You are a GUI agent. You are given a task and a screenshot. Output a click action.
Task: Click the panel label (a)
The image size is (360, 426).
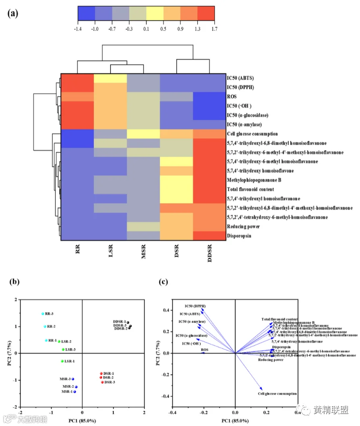(x=12, y=13)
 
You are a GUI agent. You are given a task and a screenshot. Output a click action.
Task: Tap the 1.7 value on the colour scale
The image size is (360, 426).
(x=214, y=29)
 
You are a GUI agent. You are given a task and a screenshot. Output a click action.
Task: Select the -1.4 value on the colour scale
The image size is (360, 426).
(x=77, y=29)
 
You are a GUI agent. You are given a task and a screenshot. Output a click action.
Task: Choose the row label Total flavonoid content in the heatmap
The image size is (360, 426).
(x=250, y=189)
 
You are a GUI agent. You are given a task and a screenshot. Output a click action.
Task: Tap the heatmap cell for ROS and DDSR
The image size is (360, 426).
(x=209, y=97)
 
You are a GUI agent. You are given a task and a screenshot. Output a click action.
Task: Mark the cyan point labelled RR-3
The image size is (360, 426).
(x=43, y=314)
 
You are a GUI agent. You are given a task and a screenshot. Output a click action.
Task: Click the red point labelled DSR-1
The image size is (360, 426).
(x=101, y=373)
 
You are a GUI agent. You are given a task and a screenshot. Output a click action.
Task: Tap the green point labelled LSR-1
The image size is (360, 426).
(x=62, y=361)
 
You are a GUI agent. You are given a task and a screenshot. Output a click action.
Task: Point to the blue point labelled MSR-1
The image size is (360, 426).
(x=74, y=391)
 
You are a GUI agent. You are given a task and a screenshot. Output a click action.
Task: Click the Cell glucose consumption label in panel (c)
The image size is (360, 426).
(x=278, y=394)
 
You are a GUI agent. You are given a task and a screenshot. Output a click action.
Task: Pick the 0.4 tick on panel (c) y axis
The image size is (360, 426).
(x=165, y=310)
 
